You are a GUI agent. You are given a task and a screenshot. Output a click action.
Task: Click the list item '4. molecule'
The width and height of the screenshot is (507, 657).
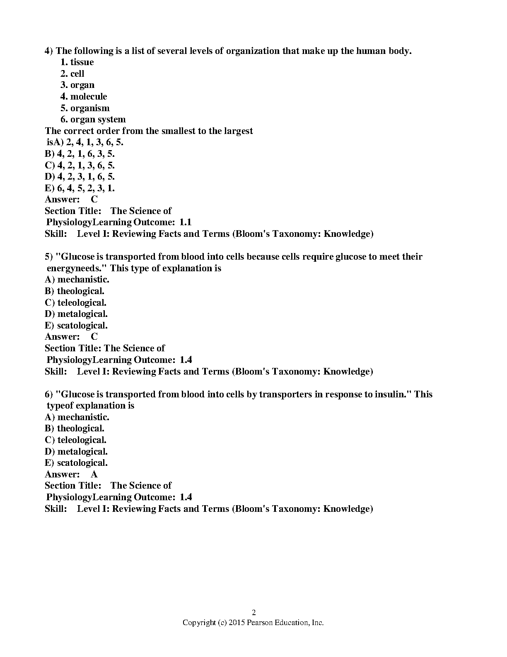pos(83,97)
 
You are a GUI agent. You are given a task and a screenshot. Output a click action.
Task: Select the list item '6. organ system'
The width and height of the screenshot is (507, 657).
pos(93,119)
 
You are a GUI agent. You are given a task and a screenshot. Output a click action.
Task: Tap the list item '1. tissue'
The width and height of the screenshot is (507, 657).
pos(77,62)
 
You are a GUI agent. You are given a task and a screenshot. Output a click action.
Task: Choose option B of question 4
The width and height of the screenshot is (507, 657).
pos(80,154)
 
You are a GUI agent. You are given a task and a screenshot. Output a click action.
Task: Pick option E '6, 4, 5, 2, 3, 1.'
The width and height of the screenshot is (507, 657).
pos(80,188)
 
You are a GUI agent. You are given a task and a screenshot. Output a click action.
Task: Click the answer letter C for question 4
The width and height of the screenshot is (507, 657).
pos(94,200)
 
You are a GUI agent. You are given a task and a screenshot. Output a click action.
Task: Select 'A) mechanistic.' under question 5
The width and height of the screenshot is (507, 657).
pos(77,280)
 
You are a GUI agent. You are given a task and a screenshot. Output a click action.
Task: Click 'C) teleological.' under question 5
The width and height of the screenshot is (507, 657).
pos(75,303)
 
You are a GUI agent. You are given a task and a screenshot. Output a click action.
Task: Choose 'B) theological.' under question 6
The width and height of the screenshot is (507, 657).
pos(75,428)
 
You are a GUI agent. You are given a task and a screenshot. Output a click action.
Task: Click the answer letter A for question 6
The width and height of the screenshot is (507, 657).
pos(94,474)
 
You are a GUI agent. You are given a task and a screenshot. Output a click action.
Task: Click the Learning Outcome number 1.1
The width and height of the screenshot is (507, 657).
pos(186,222)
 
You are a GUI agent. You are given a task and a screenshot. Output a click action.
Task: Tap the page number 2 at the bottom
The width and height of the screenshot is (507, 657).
pos(254,613)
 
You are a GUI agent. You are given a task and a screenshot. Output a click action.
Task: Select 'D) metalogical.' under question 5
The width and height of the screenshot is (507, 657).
pos(76,314)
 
